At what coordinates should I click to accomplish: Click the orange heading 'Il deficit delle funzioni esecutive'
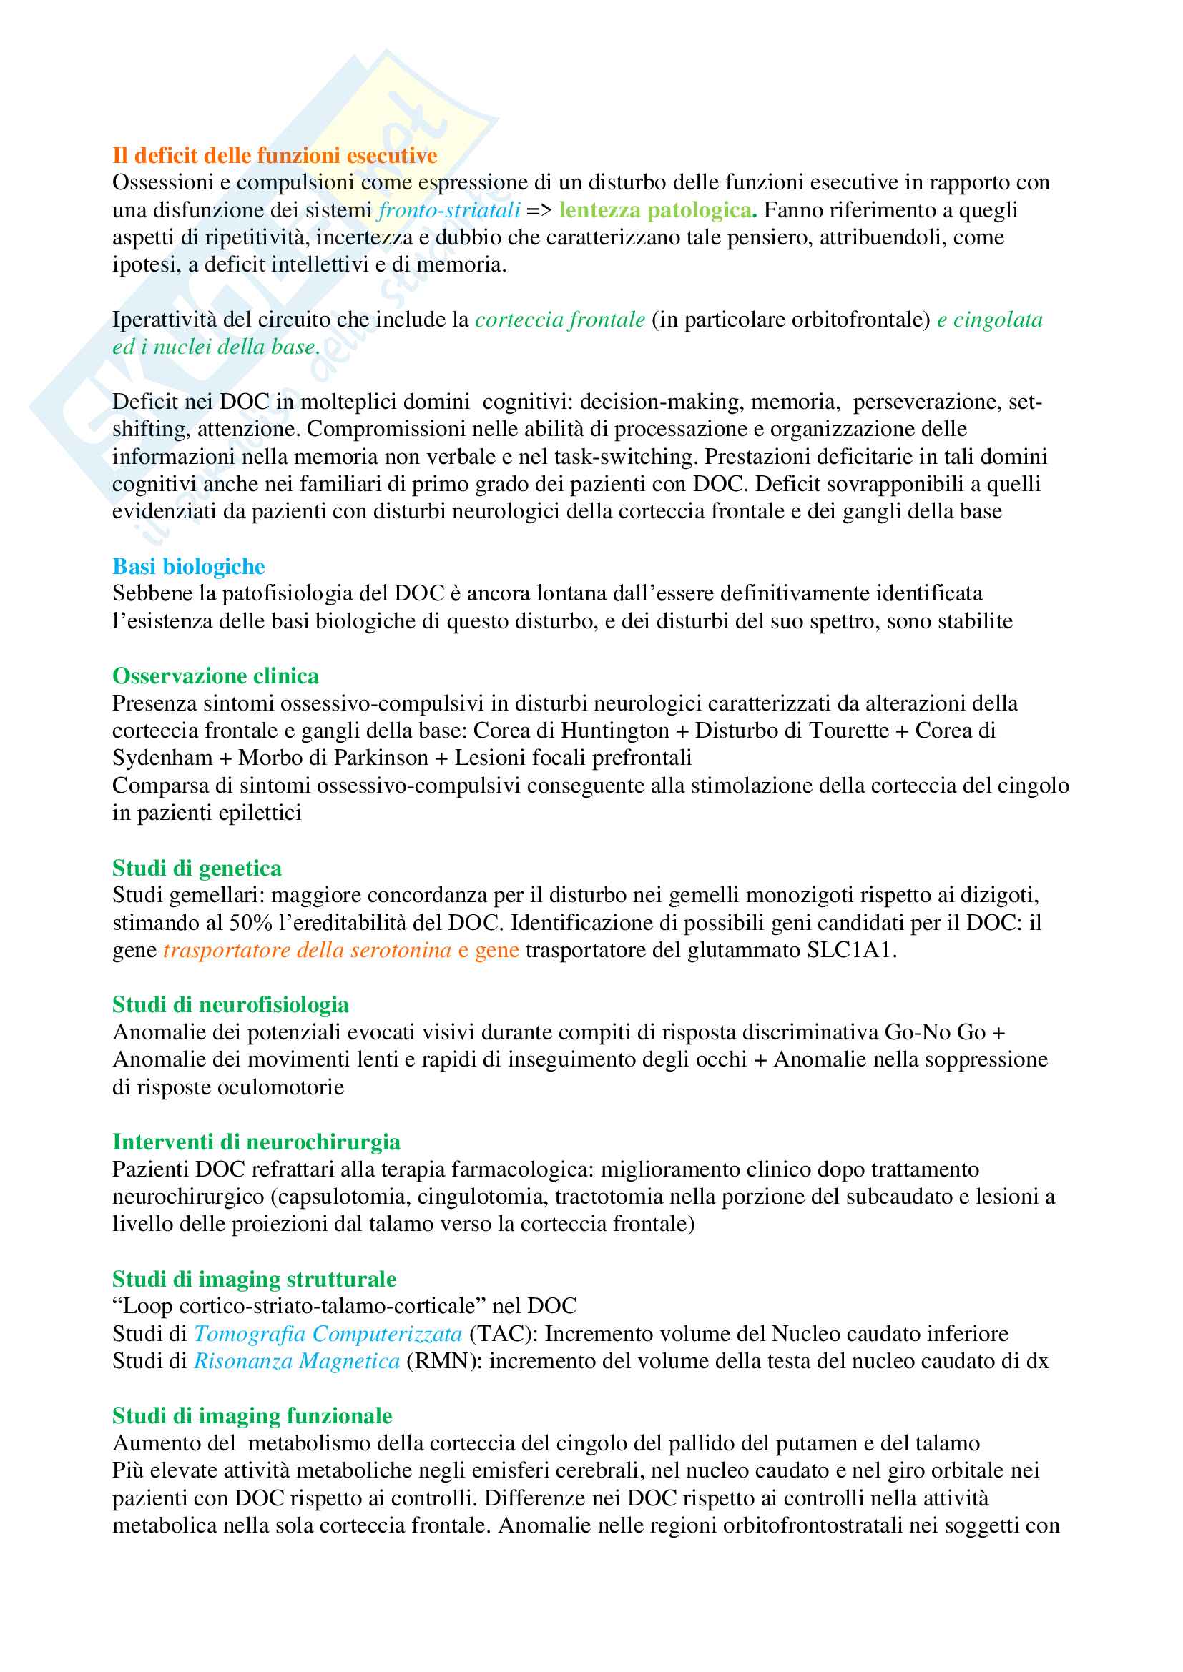[x=274, y=155]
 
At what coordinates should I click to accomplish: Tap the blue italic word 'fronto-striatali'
[x=448, y=210]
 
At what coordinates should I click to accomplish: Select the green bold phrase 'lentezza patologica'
[x=655, y=210]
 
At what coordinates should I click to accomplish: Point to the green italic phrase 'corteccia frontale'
[x=559, y=320]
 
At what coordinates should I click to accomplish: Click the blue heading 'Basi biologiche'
[x=188, y=566]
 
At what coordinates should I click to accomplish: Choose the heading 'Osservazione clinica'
[x=215, y=676]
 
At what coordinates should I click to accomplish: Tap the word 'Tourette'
[x=847, y=731]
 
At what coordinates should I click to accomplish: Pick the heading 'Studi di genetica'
[x=197, y=868]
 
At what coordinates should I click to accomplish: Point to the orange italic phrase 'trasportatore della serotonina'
[x=307, y=950]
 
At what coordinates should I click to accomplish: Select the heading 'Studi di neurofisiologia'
[x=230, y=1005]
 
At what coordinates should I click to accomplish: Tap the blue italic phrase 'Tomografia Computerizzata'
[x=327, y=1333]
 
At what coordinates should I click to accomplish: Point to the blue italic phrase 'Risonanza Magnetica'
[x=297, y=1361]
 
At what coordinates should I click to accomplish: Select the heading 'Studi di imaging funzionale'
[x=251, y=1415]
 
